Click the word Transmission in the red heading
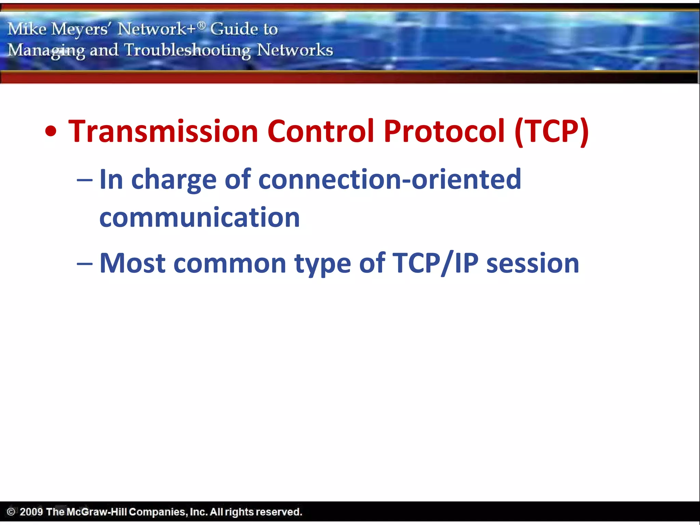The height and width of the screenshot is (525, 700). pyautogui.click(x=163, y=131)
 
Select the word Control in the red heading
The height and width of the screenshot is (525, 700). pyautogui.click(x=321, y=131)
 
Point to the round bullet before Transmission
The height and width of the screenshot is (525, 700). pyautogui.click(x=51, y=132)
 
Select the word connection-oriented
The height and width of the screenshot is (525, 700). pyautogui.click(x=390, y=179)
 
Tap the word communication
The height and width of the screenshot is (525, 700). pyautogui.click(x=200, y=218)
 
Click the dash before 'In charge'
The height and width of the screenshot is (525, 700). pyautogui.click(x=84, y=180)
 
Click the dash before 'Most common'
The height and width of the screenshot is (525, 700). pyautogui.click(x=84, y=264)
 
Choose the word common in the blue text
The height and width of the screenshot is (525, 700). pyautogui.click(x=230, y=264)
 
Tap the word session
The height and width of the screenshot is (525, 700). pyautogui.click(x=533, y=264)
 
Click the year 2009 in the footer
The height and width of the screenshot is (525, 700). pyautogui.click(x=31, y=512)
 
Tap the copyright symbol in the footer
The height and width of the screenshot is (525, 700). pyautogui.click(x=11, y=512)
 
